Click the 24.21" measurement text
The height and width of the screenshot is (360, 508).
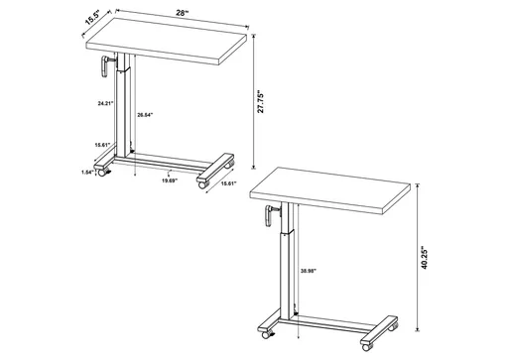(97, 102)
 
